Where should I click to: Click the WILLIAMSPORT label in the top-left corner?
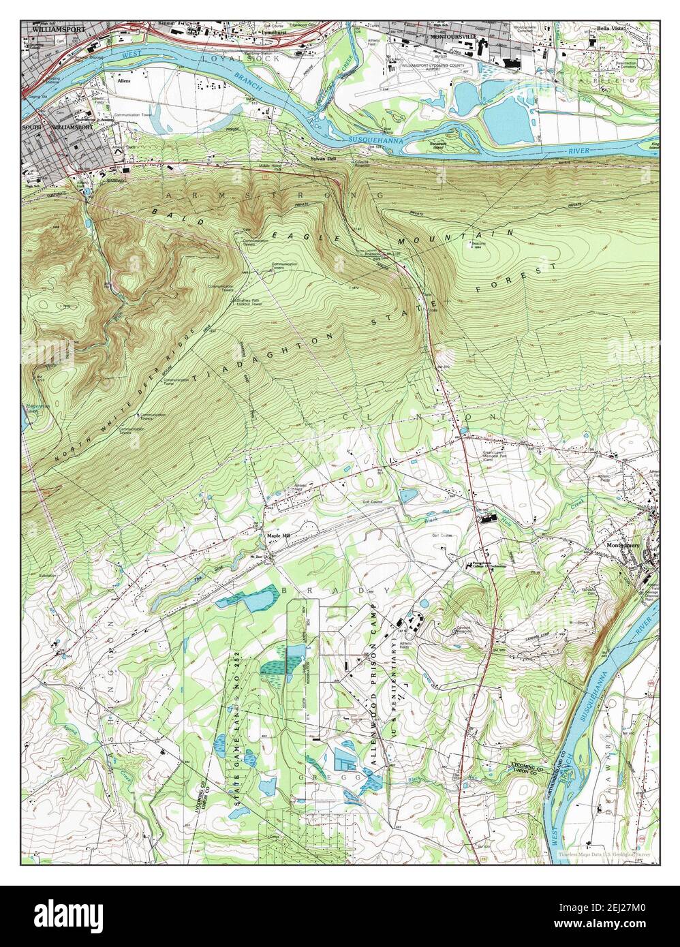pyautogui.click(x=50, y=31)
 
